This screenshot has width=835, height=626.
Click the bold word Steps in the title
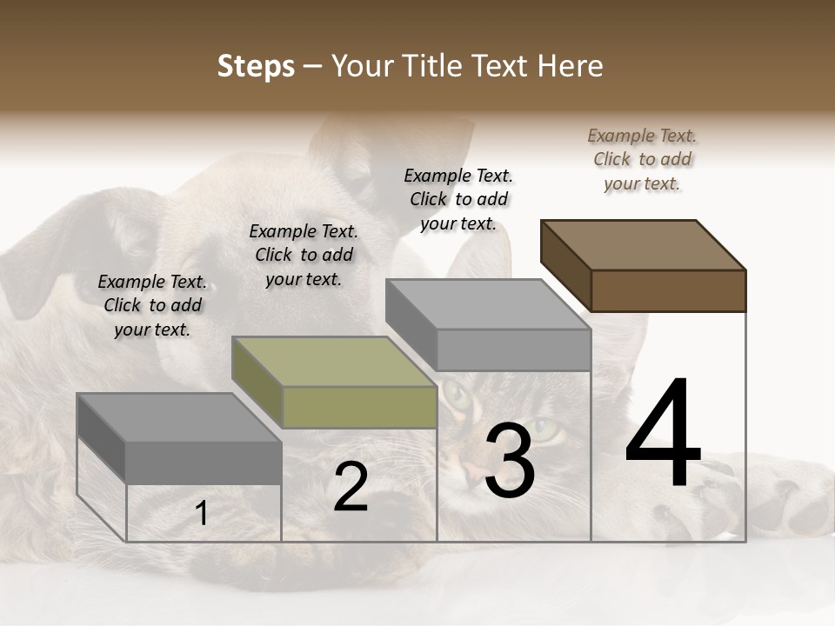pyautogui.click(x=256, y=66)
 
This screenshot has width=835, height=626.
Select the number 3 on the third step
pyautogui.click(x=510, y=461)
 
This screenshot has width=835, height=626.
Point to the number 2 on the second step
pyautogui.click(x=351, y=487)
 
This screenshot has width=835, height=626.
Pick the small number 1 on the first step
pyautogui.click(x=202, y=514)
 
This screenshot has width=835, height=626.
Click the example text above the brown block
pyautogui.click(x=642, y=159)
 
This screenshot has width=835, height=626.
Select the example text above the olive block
pyautogui.click(x=304, y=255)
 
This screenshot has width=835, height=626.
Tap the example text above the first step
pyautogui.click(x=152, y=305)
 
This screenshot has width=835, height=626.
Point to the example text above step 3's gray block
pyautogui.click(x=458, y=199)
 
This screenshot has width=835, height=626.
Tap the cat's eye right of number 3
pyautogui.click(x=546, y=429)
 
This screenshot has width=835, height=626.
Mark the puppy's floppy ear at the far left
pyautogui.click(x=35, y=261)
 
